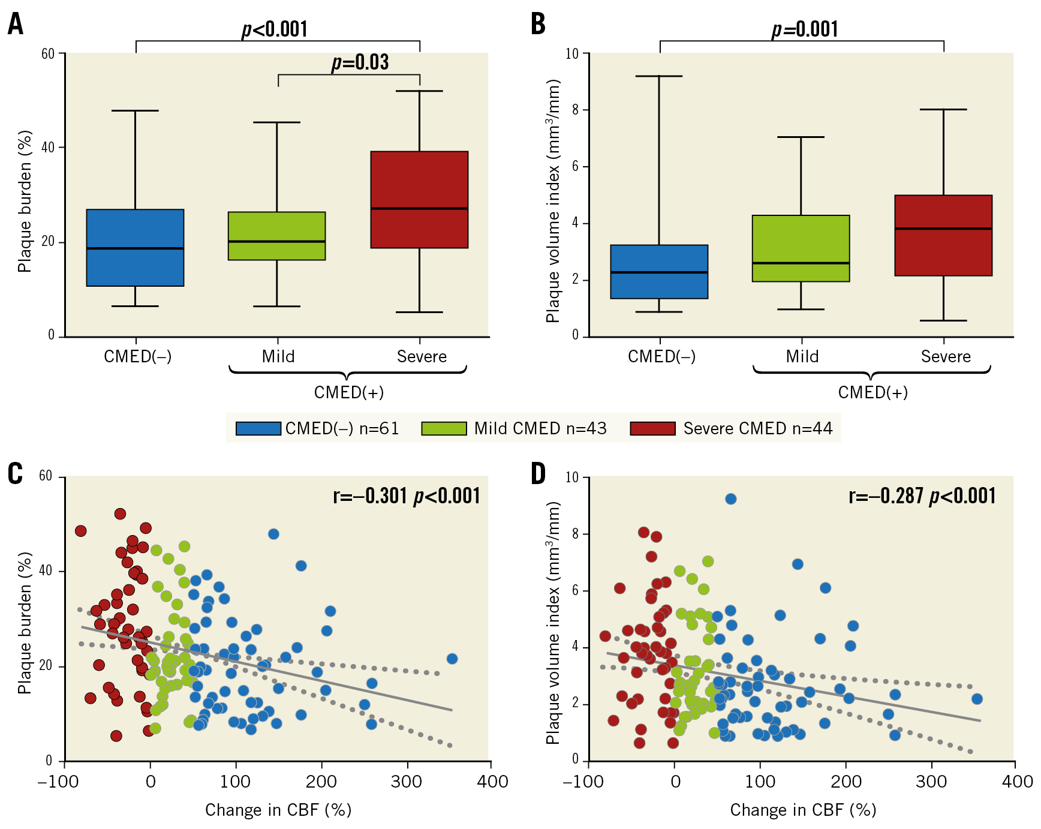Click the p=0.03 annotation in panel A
[x=360, y=62]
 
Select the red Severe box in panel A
[x=419, y=199]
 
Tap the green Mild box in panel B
[x=801, y=248]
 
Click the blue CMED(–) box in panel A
[x=135, y=247]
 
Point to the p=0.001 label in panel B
[x=804, y=29]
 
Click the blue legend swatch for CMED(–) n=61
[x=258, y=428]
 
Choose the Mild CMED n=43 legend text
[x=540, y=428]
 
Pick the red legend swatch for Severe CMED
[x=652, y=428]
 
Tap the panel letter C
[x=15, y=474]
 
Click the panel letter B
[x=538, y=25]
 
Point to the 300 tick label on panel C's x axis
[x=407, y=781]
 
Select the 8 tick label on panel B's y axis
[x=576, y=110]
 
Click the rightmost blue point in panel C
[x=452, y=659]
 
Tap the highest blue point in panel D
[x=730, y=499]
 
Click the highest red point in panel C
[x=120, y=514]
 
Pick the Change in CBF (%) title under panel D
[x=803, y=810]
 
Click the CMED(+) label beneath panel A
[x=348, y=392]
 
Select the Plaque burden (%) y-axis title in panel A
[x=25, y=201]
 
